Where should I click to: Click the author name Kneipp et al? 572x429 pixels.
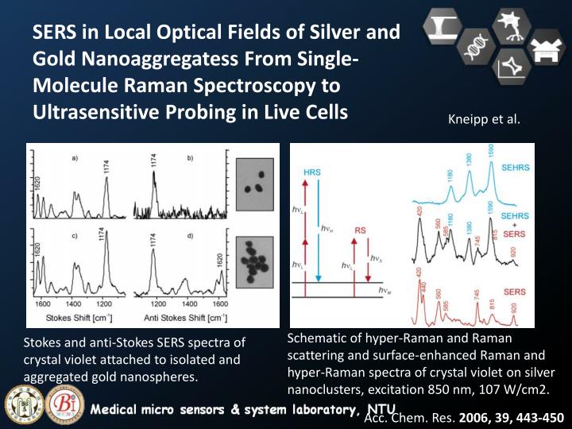point(485,120)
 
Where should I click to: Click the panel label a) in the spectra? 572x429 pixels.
point(75,158)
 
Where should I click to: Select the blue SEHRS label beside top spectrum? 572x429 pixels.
point(514,168)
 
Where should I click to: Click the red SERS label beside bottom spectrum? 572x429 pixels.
point(514,292)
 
